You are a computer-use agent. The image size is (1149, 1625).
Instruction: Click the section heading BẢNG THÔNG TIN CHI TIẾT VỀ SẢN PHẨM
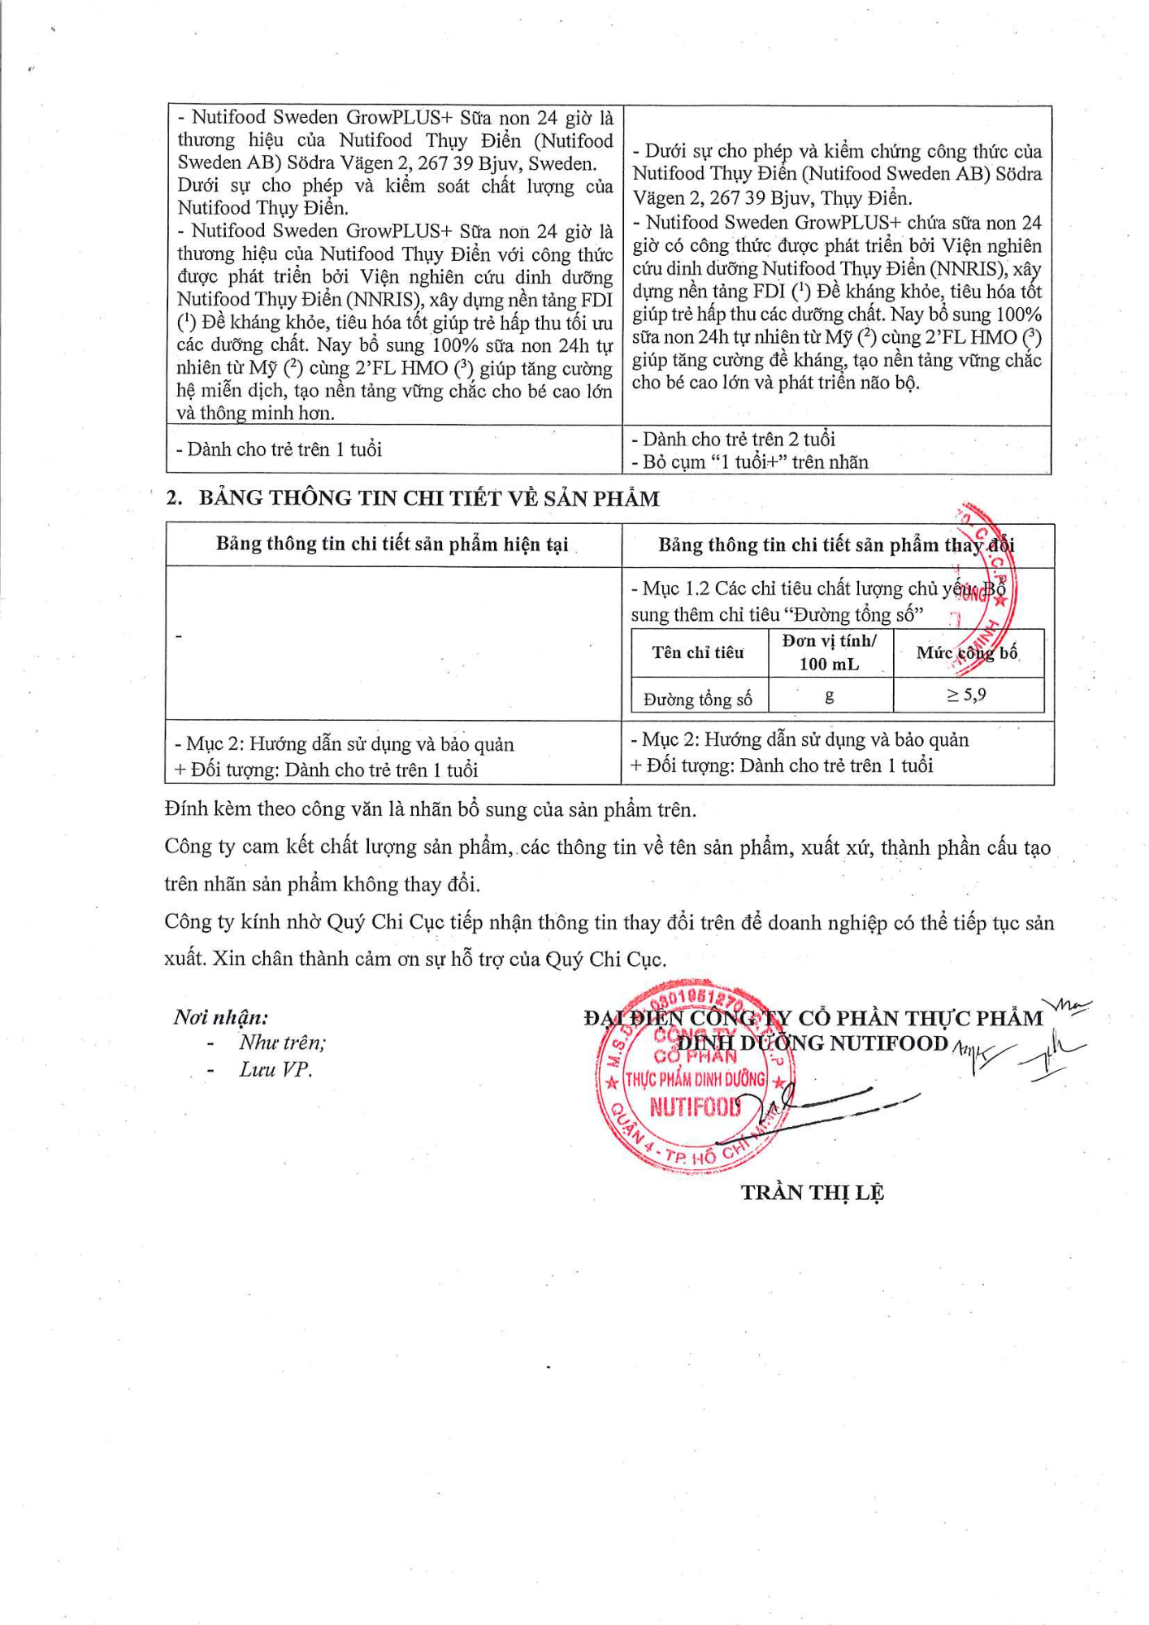[x=429, y=498]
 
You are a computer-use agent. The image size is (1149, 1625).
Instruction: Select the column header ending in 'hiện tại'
[x=392, y=544]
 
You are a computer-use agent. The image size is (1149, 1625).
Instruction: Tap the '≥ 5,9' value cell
[x=966, y=695]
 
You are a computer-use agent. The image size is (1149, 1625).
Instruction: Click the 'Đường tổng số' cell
[x=698, y=699]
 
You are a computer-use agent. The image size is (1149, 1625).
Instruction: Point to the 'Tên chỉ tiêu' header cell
[x=698, y=652]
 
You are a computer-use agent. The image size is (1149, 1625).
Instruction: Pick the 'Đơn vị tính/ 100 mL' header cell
[x=829, y=652]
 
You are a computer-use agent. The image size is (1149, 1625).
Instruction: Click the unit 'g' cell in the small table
[x=829, y=695]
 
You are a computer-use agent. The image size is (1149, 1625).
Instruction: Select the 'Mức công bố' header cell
[x=966, y=652]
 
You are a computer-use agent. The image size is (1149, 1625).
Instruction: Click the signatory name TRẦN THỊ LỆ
[x=812, y=1192]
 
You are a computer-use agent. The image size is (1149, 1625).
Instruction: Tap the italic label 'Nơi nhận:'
[x=221, y=1016]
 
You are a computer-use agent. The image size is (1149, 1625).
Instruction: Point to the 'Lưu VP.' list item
[x=275, y=1069]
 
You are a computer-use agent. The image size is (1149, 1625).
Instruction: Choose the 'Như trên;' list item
[x=282, y=1042]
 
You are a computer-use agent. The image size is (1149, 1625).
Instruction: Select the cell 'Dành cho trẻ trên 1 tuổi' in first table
[x=279, y=449]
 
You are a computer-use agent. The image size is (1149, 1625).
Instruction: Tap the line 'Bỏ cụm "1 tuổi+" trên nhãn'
[x=751, y=462]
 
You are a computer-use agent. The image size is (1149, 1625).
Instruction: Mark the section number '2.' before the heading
[x=174, y=498]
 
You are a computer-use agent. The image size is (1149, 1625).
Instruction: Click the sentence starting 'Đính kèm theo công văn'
[x=431, y=809]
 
